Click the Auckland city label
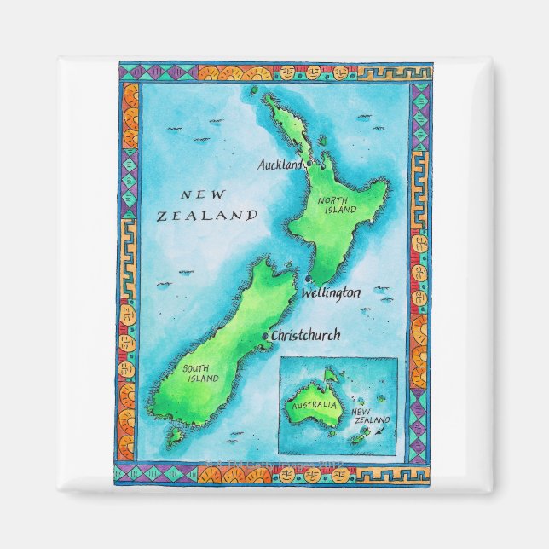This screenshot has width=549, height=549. (x=280, y=165)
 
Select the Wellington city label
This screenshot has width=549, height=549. (x=331, y=292)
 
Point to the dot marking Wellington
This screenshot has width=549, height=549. (x=306, y=279)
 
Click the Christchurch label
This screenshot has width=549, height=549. (x=305, y=335)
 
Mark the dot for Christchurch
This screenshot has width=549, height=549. (x=265, y=336)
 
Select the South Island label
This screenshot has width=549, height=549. (x=199, y=373)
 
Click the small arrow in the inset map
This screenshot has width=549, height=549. (x=379, y=432)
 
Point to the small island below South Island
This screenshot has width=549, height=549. (x=176, y=436)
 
